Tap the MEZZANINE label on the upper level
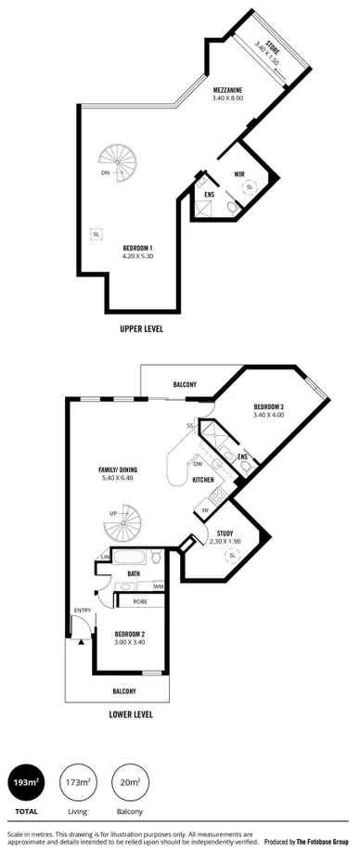click(227, 90)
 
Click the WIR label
click(239, 174)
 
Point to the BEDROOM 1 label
click(138, 248)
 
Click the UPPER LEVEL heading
click(141, 328)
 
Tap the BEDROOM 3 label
click(268, 406)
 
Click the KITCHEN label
click(203, 479)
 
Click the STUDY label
click(225, 533)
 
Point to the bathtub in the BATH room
click(131, 559)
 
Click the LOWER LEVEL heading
click(131, 715)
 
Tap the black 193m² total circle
click(25, 783)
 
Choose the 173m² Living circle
click(77, 783)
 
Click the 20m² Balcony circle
click(129, 783)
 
